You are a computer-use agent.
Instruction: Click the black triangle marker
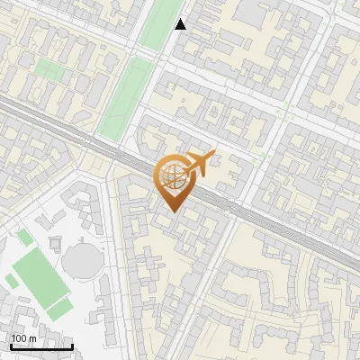point(181,24)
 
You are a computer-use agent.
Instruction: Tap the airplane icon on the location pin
point(198,163)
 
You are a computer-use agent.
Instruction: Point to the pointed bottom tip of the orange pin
point(171,213)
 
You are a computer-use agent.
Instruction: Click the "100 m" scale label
point(24,338)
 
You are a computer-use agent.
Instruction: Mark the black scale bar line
point(41,346)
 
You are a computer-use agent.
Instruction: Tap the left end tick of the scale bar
point(11,346)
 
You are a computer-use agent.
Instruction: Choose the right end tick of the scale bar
point(73,346)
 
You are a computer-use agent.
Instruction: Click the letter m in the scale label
point(33,338)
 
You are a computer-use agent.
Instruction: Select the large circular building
point(84,262)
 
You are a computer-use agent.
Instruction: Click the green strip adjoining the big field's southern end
point(59,308)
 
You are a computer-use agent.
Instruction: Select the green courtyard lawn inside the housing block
point(50,69)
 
